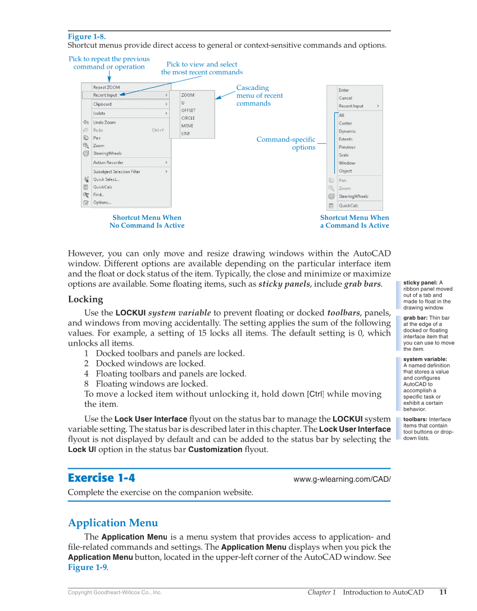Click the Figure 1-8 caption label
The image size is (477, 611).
(87, 37)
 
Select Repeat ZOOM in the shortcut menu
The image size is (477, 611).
(106, 87)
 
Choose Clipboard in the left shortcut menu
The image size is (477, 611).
(102, 104)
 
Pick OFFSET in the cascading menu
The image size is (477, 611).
(188, 111)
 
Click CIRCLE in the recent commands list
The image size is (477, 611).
(188, 118)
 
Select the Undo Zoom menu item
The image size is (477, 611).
(105, 122)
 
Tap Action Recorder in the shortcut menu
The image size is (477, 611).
(108, 162)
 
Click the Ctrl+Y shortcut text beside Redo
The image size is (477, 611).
(158, 130)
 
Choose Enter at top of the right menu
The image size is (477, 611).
(343, 90)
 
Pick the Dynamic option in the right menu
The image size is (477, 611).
(347, 131)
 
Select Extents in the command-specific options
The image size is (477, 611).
(346, 139)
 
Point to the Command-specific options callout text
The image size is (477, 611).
(286, 143)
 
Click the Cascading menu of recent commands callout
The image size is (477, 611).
(259, 96)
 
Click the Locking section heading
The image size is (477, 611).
(85, 299)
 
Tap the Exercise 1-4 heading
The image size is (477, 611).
(101, 478)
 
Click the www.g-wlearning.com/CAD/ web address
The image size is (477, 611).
(342, 479)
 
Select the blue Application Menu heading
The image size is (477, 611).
(113, 523)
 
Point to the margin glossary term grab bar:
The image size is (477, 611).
(415, 318)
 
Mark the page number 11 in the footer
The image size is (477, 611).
(443, 592)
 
